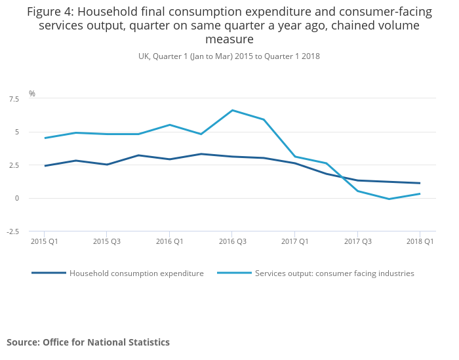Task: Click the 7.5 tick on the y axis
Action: [x=13, y=99]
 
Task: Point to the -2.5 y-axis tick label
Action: [x=12, y=231]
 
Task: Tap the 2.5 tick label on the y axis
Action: [x=13, y=165]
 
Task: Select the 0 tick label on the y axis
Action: [x=16, y=198]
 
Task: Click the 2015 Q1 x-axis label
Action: [x=44, y=241]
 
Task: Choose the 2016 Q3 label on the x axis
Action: [x=232, y=241]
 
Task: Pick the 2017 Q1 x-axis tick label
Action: [x=294, y=241]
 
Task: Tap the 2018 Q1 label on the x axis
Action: [x=420, y=241]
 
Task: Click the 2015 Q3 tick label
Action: [x=107, y=241]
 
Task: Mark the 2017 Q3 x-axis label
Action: [x=357, y=241]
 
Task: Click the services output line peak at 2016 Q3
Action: [x=232, y=110]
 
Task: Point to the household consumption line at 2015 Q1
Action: [x=45, y=166]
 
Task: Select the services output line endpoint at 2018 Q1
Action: [x=420, y=193]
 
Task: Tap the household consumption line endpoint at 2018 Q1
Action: [x=420, y=183]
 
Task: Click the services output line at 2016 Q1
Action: [x=170, y=125]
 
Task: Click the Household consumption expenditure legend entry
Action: [x=136, y=273]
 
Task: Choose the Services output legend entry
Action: [x=334, y=273]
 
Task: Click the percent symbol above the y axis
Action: [x=32, y=94]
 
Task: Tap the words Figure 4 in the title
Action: [x=50, y=11]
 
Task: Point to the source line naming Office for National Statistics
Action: [x=88, y=342]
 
